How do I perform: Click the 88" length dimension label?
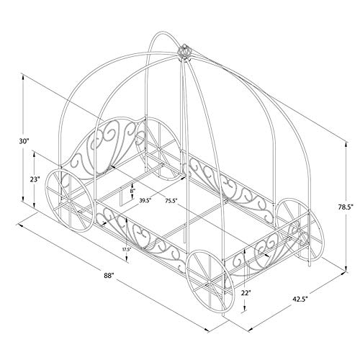coord(109,276)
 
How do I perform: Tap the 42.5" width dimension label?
coord(300,299)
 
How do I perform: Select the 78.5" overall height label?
coord(346,207)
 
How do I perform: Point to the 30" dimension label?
coord(24,141)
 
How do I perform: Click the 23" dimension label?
coord(35,179)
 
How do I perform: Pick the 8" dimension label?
coord(132,191)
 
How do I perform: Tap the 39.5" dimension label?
coord(145,200)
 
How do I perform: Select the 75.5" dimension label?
coord(171,200)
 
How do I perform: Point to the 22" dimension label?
coord(246,292)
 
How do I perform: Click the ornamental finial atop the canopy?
coord(184,50)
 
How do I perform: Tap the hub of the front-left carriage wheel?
coord(69,200)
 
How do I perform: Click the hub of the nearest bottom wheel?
coord(209,281)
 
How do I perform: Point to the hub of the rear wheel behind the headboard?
coord(159,149)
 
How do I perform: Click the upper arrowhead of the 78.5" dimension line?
coord(346,145)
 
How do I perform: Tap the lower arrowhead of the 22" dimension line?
coord(244,309)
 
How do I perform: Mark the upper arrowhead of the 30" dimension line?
coord(23,77)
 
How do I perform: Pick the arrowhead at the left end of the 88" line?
coord(20,225)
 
